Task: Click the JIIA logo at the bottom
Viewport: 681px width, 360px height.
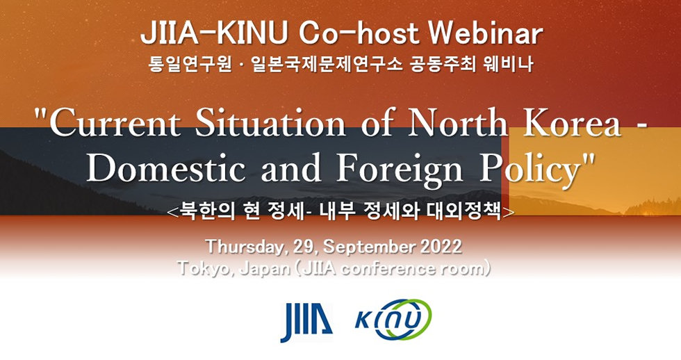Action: tap(306, 321)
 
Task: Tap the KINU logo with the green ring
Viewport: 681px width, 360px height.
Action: tap(393, 320)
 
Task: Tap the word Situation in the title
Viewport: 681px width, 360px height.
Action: tap(270, 122)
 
